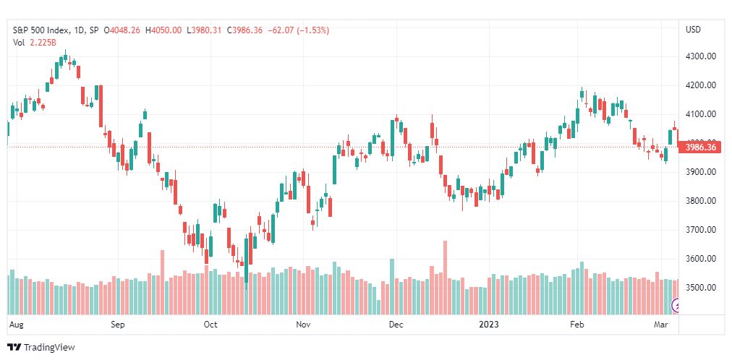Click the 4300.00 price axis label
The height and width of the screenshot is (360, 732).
(700, 56)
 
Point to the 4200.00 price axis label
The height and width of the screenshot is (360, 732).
(700, 85)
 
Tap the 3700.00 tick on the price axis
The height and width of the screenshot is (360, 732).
(700, 230)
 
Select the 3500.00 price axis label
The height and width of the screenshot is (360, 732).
(700, 288)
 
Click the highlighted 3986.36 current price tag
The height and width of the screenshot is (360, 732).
(700, 147)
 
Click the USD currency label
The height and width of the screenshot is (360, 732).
(693, 30)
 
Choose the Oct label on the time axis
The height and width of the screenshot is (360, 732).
(210, 325)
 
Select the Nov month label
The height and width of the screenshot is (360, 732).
(303, 325)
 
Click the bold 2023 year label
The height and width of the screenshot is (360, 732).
(490, 325)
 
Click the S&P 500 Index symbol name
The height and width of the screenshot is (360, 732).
(43, 30)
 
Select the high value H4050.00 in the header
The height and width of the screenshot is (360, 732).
(164, 30)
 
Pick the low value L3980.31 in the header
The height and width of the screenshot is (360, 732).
(205, 30)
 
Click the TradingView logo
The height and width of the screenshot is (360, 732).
(41, 348)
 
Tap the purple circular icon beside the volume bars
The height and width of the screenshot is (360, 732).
(676, 306)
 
